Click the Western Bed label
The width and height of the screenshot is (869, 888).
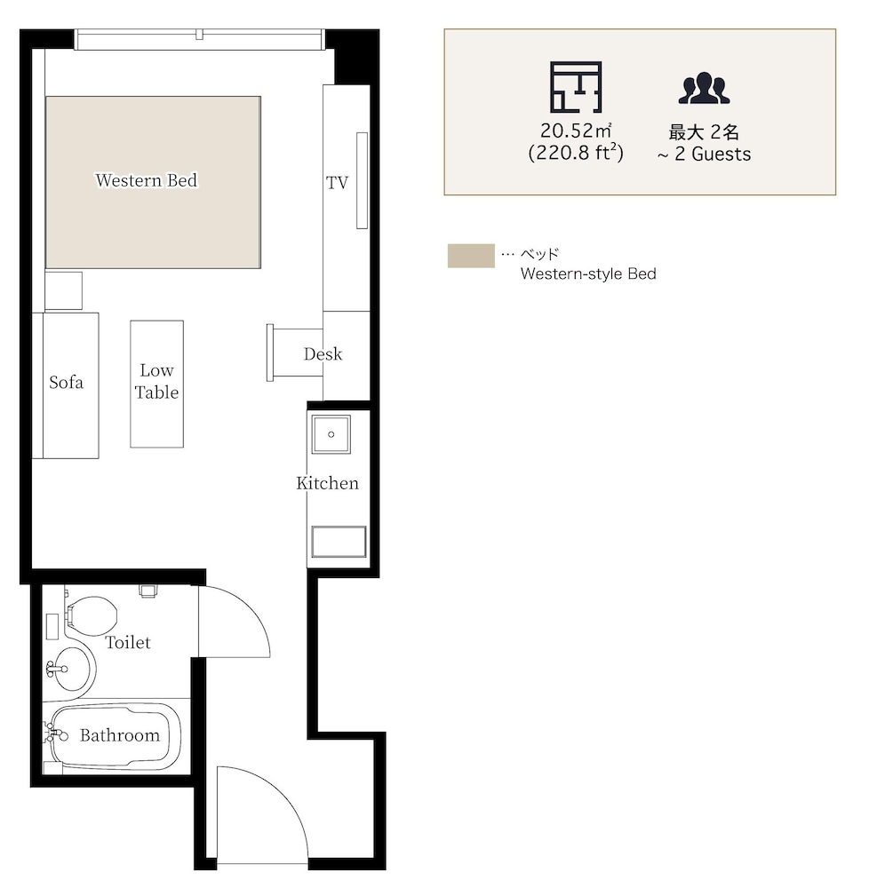pyautogui.click(x=146, y=180)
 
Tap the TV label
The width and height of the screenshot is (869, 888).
pyautogui.click(x=337, y=182)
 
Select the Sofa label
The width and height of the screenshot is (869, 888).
pyautogui.click(x=67, y=382)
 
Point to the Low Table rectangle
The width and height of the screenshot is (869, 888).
pyautogui.click(x=157, y=384)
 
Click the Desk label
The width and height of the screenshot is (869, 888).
pyautogui.click(x=323, y=354)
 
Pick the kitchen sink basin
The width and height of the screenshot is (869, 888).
pyautogui.click(x=331, y=434)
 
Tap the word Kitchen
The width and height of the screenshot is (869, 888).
pyautogui.click(x=328, y=483)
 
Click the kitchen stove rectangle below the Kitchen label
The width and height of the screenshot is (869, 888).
pyautogui.click(x=339, y=542)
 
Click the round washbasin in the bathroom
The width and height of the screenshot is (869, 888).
pyautogui.click(x=71, y=669)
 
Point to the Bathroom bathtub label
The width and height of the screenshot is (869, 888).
pyautogui.click(x=120, y=735)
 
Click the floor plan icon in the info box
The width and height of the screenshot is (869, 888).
pyautogui.click(x=576, y=87)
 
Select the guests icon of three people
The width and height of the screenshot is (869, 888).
pyautogui.click(x=704, y=88)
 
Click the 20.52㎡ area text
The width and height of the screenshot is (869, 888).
pyautogui.click(x=576, y=131)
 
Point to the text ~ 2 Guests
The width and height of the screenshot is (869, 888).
pyautogui.click(x=704, y=154)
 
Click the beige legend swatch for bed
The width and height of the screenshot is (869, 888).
pyautogui.click(x=471, y=256)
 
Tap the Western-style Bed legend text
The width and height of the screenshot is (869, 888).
pyautogui.click(x=588, y=274)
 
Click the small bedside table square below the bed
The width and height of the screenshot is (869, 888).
pyautogui.click(x=63, y=290)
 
